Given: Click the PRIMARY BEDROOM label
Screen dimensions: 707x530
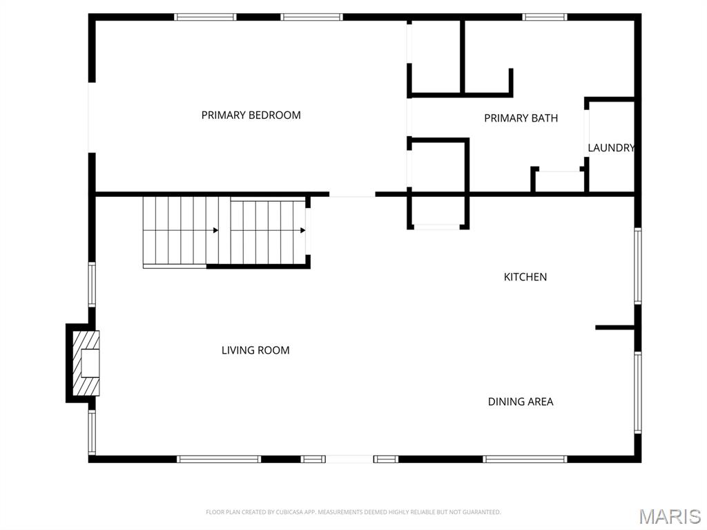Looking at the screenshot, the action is (251, 115).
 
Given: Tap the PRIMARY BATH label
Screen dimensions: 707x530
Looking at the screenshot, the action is (521, 118).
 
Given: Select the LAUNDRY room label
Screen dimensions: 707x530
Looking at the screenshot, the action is (612, 148).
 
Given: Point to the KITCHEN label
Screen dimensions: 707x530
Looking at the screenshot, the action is (525, 276).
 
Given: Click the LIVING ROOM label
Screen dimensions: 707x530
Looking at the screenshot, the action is (255, 350).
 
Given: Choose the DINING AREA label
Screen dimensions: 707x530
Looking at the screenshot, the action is (521, 401).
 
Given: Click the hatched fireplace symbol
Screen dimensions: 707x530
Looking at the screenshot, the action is (86, 363).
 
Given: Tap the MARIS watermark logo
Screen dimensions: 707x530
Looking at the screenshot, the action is (670, 516).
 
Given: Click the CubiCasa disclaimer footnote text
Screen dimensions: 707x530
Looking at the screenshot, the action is (353, 512).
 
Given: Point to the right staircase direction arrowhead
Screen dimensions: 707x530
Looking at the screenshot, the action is (303, 230).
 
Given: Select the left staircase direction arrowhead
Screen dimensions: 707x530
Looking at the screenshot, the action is (216, 230).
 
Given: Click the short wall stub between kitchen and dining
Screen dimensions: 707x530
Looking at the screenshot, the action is (615, 328).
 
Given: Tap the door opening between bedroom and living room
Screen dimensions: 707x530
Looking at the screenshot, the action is (352, 195).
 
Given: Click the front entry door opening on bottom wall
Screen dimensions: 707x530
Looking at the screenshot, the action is (349, 459).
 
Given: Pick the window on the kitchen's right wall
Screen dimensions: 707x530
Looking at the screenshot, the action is (638, 266).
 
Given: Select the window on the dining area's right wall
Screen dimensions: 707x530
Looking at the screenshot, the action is (638, 392).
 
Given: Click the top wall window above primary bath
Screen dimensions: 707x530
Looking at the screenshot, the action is (545, 17).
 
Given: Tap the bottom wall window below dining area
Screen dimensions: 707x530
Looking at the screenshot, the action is (525, 459).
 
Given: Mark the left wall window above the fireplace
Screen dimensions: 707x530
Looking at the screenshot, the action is (92, 285).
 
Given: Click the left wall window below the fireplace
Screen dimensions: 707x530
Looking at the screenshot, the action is (92, 433).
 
